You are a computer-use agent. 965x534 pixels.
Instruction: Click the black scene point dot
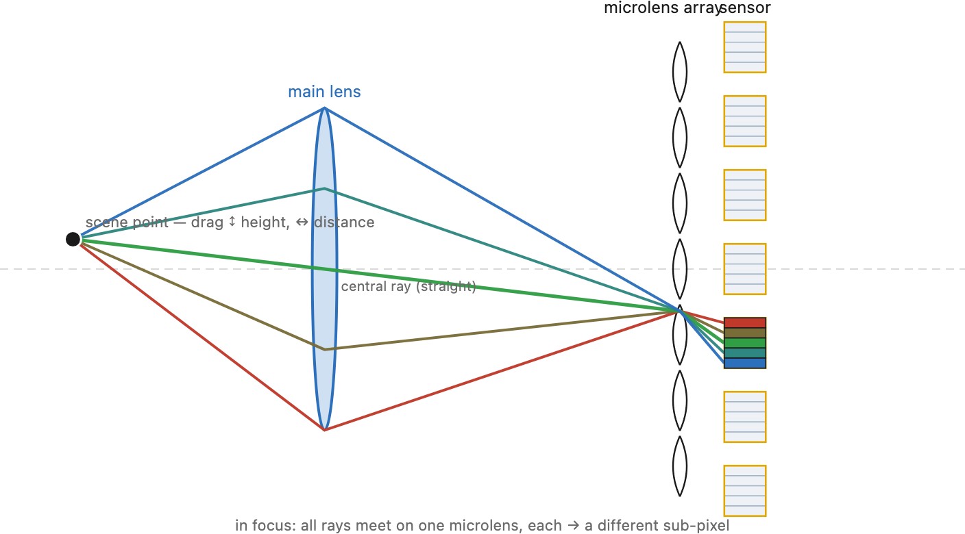pyautogui.click(x=73, y=239)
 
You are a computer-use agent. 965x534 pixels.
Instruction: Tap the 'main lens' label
pyautogui.click(x=324, y=92)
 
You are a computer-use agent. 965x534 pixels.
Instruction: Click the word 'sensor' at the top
pyautogui.click(x=745, y=8)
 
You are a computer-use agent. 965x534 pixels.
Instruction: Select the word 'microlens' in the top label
pyautogui.click(x=641, y=8)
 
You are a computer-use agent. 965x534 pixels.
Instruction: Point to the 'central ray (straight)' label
pyautogui.click(x=408, y=287)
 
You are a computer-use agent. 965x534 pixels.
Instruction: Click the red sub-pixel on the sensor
pyautogui.click(x=745, y=322)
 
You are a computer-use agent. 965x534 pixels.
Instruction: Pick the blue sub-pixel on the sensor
pyautogui.click(x=745, y=363)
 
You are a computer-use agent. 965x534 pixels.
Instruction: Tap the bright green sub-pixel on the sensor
pyautogui.click(x=745, y=343)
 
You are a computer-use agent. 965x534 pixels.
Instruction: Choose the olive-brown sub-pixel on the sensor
pyautogui.click(x=745, y=333)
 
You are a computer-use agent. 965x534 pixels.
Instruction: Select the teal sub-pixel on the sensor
pyautogui.click(x=745, y=353)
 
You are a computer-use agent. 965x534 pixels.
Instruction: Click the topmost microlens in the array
pyautogui.click(x=680, y=72)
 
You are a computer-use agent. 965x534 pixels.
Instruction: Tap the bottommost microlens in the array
pyautogui.click(x=680, y=466)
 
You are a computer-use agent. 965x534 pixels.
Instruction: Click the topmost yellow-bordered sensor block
pyautogui.click(x=745, y=47)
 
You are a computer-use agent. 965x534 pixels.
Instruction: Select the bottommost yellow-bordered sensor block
pyautogui.click(x=745, y=491)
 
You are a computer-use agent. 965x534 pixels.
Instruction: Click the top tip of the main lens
pyautogui.click(x=324, y=108)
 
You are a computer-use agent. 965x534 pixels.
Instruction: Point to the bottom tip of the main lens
pyautogui.click(x=324, y=430)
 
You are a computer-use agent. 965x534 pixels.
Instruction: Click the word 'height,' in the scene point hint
pyautogui.click(x=265, y=222)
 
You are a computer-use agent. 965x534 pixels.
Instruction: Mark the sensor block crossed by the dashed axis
pyautogui.click(x=745, y=269)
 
